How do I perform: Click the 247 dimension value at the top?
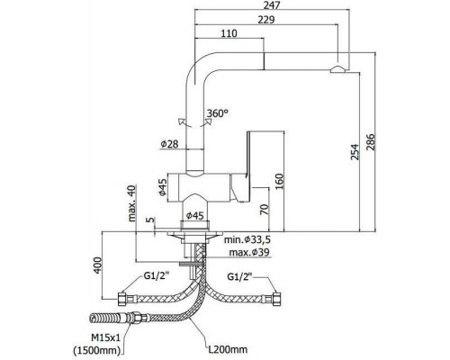(x=272, y=5)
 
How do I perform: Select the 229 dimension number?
(x=266, y=20)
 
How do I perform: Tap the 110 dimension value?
(x=229, y=33)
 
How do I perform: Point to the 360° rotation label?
(x=218, y=113)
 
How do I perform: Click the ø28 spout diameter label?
(x=169, y=144)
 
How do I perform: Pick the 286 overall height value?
(x=371, y=143)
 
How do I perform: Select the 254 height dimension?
(x=355, y=152)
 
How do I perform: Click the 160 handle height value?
(x=279, y=182)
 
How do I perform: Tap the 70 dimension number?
(x=265, y=210)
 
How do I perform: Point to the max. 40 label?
(x=132, y=203)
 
